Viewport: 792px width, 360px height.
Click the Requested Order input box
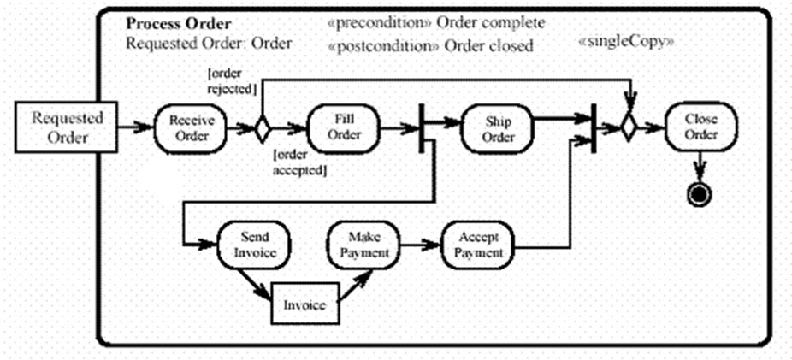[67, 127]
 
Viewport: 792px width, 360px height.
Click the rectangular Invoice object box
[304, 304]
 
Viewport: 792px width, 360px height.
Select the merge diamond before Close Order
[629, 128]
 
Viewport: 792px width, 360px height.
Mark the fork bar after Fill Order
[423, 129]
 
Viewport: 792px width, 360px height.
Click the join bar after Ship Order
[594, 129]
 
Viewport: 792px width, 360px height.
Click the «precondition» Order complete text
[436, 23]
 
